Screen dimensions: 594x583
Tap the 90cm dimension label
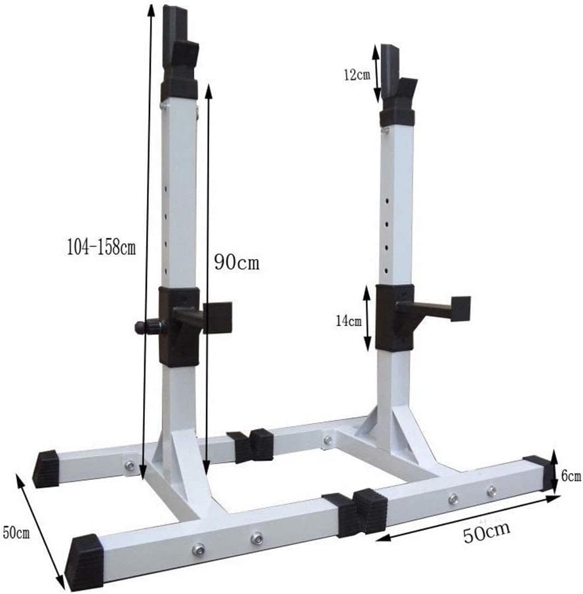(237, 262)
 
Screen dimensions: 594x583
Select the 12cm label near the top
(355, 74)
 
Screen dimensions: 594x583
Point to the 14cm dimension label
(349, 321)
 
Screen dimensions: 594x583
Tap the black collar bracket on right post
(393, 316)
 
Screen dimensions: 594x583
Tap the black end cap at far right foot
(538, 472)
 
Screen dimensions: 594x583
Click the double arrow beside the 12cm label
(376, 73)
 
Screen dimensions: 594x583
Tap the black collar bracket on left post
(179, 326)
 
